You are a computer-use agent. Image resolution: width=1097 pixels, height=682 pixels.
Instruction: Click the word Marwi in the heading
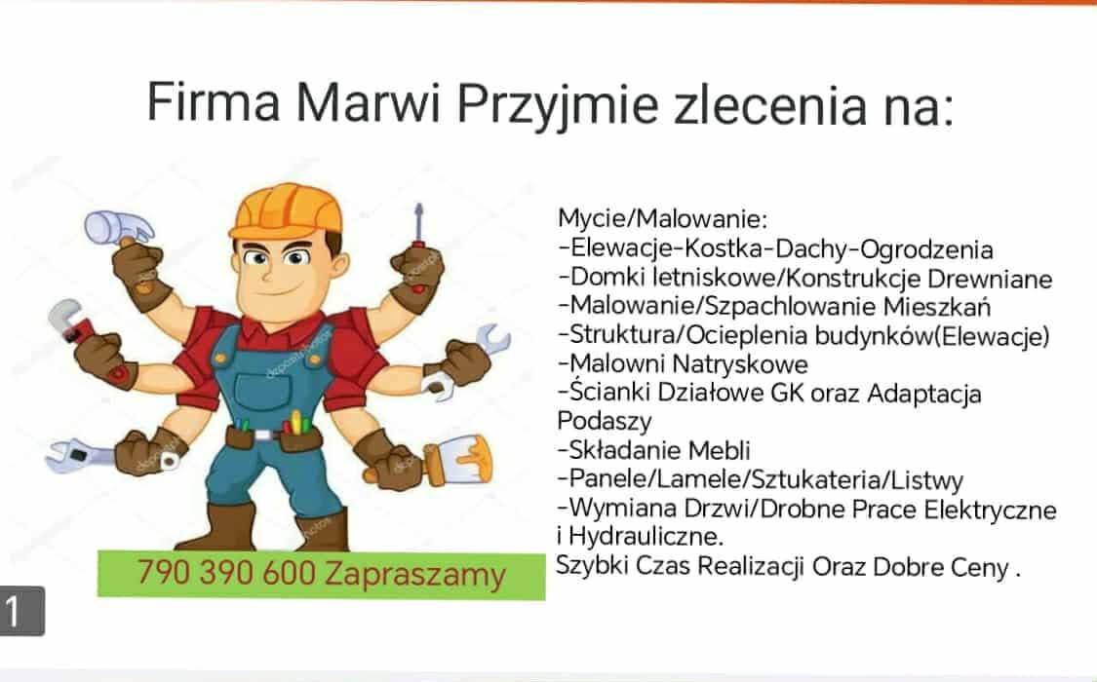[x=368, y=102]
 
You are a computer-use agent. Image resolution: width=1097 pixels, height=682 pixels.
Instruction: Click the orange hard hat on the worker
[x=287, y=210]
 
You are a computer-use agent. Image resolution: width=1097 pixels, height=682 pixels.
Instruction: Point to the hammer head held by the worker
[x=118, y=226]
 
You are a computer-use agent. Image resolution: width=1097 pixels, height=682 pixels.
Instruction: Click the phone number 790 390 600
[x=226, y=573]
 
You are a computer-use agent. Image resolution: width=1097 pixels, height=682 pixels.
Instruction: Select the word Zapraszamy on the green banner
[x=415, y=575]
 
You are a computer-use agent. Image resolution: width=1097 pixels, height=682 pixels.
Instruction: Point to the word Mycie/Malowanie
[x=662, y=219]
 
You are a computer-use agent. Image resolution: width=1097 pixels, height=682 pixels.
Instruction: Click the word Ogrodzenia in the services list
[x=926, y=249]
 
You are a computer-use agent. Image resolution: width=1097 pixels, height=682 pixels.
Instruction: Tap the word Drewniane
[x=990, y=279]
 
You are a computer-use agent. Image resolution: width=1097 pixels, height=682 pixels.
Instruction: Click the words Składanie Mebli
[x=659, y=451]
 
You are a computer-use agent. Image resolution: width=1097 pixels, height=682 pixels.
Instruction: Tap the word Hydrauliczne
[x=646, y=538]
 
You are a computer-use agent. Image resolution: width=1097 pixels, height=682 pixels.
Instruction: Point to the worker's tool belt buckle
[x=263, y=435]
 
